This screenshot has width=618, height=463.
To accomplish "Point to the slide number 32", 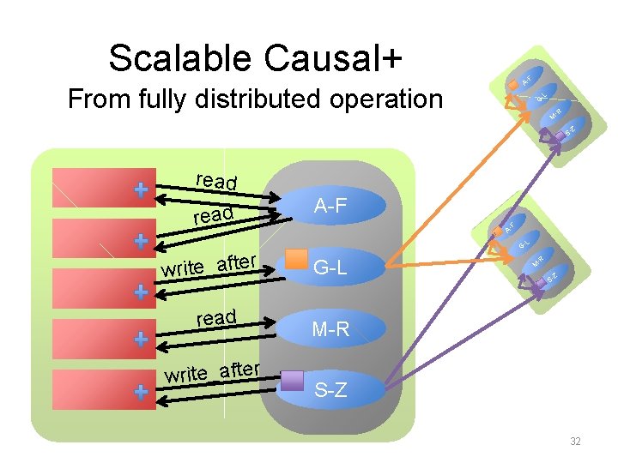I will click(575, 442).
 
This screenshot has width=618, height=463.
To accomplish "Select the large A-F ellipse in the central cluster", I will click(330, 206).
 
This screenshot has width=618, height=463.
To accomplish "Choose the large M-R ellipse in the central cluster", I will click(330, 328).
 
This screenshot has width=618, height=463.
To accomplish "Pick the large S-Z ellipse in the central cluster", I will click(330, 391).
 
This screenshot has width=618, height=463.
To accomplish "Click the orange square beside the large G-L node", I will click(296, 258).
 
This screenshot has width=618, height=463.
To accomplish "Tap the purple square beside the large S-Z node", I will click(294, 381).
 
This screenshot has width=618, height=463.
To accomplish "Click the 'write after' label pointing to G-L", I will click(209, 264).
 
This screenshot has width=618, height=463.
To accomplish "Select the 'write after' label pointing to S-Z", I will click(213, 372).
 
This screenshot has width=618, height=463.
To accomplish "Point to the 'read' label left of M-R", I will click(216, 318).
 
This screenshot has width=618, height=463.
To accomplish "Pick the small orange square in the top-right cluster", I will click(513, 101).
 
